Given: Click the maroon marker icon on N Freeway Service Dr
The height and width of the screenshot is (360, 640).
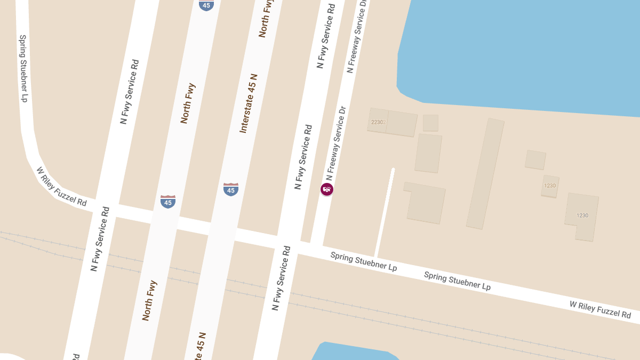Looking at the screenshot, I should point(327,189).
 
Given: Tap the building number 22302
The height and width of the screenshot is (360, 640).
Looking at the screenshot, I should point(378,122).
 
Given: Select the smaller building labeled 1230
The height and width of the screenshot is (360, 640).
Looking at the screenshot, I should point(550,186).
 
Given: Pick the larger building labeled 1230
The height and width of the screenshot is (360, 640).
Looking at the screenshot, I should point(582,215).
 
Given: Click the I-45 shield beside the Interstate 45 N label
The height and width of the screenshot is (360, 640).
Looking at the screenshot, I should point(231,189).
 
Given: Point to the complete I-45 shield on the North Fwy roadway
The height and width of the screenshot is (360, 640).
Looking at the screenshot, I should point(168,201).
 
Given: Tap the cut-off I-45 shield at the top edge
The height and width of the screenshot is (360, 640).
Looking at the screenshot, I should point(206,5).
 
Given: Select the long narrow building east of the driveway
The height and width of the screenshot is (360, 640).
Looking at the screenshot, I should point(485,174).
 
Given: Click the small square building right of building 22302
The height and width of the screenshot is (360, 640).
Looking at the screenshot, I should point(430,123).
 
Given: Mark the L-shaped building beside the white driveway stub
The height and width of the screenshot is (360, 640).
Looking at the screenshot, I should point(426,203).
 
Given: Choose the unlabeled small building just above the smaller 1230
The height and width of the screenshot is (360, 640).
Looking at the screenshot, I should point(535,160).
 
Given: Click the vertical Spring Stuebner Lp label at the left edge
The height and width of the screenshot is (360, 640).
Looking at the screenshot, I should point(23,68).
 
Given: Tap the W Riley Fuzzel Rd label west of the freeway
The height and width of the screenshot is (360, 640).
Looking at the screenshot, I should point(61,187).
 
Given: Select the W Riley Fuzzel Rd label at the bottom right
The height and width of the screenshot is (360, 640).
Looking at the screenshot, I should point(600,309).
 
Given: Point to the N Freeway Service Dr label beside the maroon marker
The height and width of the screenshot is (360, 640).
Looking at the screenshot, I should point(337,143).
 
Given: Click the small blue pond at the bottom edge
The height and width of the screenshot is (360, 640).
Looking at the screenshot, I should point(352,353).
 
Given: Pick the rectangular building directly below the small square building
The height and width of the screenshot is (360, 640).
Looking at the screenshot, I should point(428,153).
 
